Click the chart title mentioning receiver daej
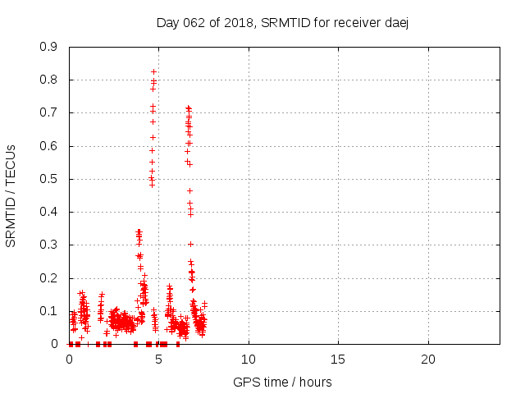(x=282, y=22)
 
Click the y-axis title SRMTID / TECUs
(x=11, y=195)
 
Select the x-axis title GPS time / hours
(x=282, y=382)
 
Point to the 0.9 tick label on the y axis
(x=48, y=47)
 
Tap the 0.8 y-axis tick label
(x=48, y=80)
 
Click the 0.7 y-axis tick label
(x=48, y=112)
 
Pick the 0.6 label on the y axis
(x=48, y=146)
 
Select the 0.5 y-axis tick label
(x=48, y=179)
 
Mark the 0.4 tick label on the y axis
(x=48, y=212)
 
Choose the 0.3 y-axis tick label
(x=48, y=245)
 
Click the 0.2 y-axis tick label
(x=48, y=278)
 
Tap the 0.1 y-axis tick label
(x=48, y=311)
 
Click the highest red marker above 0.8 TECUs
(x=153, y=71)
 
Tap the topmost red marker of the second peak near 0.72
(x=188, y=108)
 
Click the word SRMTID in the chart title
(x=283, y=22)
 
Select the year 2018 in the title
(x=239, y=22)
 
